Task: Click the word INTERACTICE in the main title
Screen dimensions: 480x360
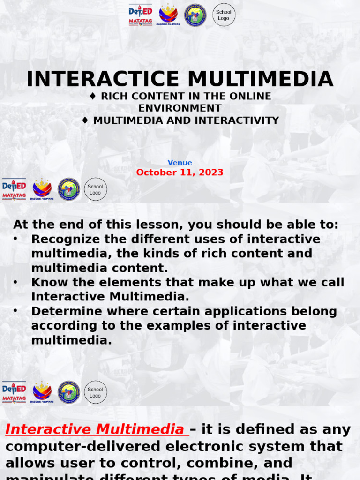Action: point(103,79)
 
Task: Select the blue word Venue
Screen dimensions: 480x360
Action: point(180,163)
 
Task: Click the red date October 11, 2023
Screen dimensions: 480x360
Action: point(180,172)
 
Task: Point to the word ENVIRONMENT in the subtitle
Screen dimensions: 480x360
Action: point(180,108)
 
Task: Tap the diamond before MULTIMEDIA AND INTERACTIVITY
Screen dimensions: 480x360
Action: point(85,120)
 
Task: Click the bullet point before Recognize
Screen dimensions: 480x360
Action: point(16,239)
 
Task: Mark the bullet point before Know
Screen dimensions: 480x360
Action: point(16,282)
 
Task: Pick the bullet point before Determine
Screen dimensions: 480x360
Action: point(16,311)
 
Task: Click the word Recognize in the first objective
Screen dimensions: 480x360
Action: point(66,239)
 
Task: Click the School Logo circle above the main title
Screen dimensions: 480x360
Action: point(224,15)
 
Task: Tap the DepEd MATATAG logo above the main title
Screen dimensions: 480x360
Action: point(141,15)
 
